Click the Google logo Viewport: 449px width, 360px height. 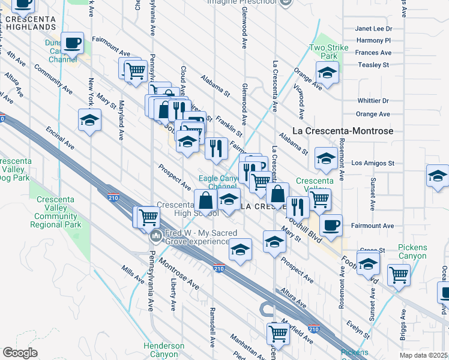[20, 353]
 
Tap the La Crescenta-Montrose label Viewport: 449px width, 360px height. [342, 130]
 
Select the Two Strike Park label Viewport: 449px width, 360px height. [324, 52]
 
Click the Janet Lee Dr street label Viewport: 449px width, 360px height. [373, 28]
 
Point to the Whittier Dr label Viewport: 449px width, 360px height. [373, 101]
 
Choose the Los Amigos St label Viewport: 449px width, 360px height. [373, 163]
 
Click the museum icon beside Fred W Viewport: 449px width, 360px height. [157, 236]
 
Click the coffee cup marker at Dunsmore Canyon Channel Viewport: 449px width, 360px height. [73, 43]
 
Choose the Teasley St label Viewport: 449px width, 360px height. [373, 65]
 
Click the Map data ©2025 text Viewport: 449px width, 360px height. [424, 355]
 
